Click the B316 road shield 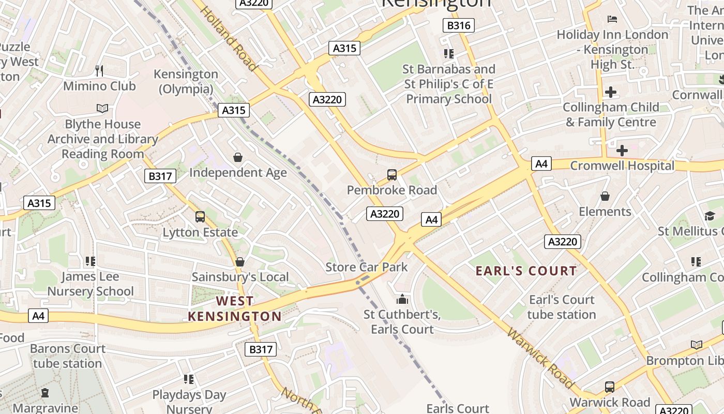tap(459, 25)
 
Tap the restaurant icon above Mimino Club tap(99, 70)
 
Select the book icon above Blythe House tap(102, 108)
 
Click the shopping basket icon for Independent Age tap(238, 157)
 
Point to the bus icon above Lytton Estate tap(200, 217)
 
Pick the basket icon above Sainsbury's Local tap(239, 262)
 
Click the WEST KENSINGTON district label tap(235, 308)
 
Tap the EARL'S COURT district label tap(526, 271)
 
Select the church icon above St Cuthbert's tap(402, 299)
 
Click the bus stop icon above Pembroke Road tap(392, 175)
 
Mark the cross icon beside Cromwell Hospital tap(622, 151)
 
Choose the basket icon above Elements tap(605, 196)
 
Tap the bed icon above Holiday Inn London tap(612, 19)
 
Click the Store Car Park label tap(367, 267)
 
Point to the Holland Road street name tap(228, 38)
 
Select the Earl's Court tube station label tap(562, 307)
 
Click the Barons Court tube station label tap(67, 356)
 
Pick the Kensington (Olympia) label tap(186, 81)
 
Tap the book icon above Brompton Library tap(697, 345)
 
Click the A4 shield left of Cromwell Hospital tap(541, 164)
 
